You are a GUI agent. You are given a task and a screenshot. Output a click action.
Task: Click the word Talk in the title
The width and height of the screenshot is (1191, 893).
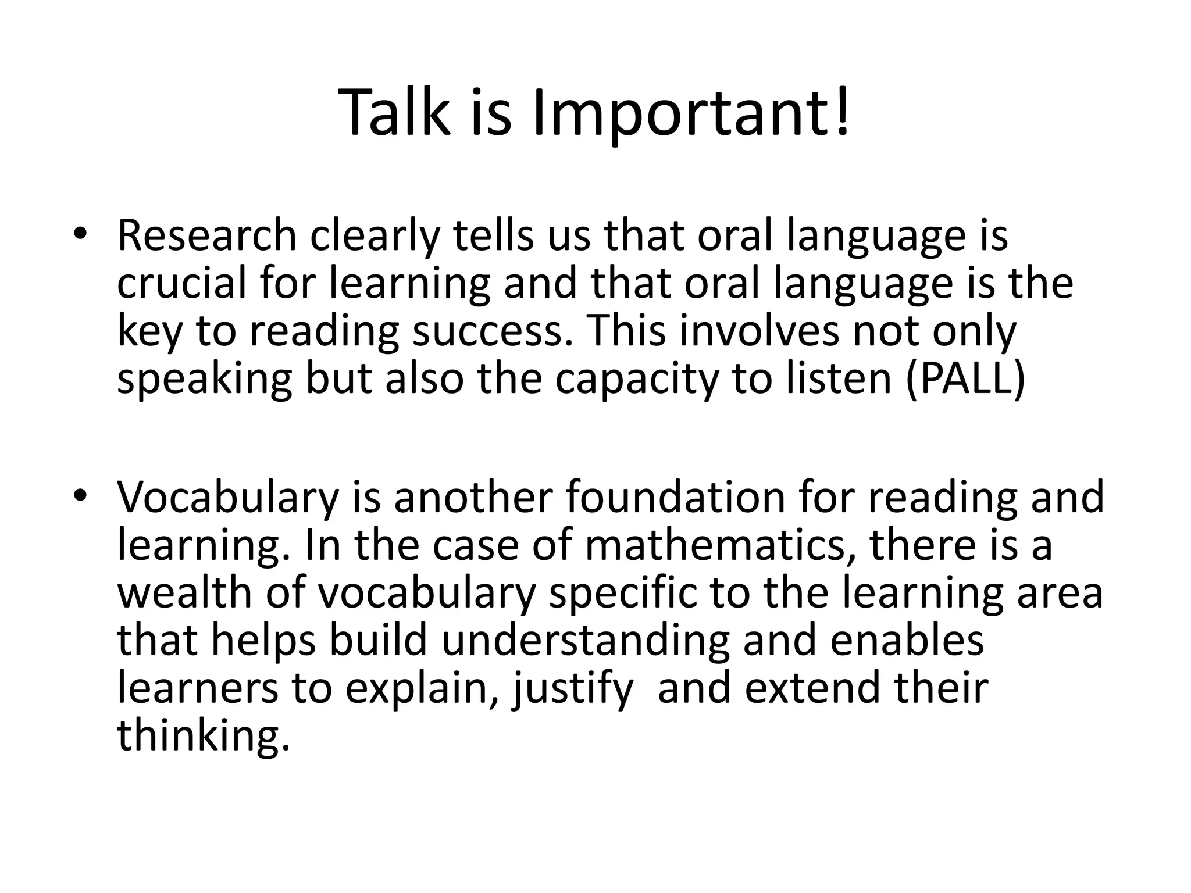click(x=394, y=112)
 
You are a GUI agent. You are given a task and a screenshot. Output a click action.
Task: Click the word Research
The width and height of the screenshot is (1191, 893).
click(x=207, y=235)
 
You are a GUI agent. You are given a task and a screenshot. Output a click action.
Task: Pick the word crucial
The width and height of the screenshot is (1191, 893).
click(x=181, y=284)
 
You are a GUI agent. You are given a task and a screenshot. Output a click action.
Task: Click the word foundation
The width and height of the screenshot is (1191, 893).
click(x=675, y=498)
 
